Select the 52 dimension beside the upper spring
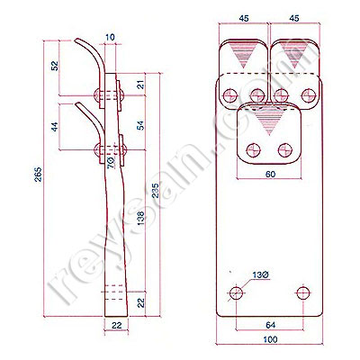pos(55,66)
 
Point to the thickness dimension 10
pos(111,38)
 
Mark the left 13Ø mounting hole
pos(237,292)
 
